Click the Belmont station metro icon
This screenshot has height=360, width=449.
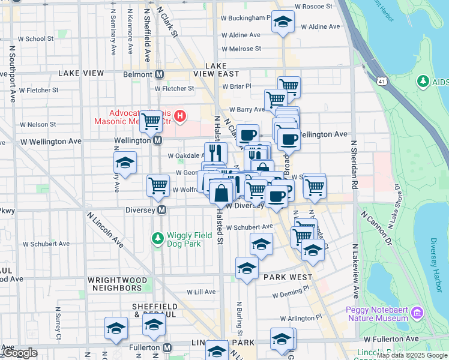coord(160,74)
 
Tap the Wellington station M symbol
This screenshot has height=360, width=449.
coord(157,140)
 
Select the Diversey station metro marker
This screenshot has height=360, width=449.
coord(161,210)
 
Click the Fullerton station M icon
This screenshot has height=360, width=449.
coord(167,347)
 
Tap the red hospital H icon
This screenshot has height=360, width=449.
coord(179,113)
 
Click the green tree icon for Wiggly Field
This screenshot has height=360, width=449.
coord(158,239)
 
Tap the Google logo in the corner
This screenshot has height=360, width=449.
coord(19,353)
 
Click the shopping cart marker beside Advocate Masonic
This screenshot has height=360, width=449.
coord(151,121)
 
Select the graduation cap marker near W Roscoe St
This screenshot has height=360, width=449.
coord(282,23)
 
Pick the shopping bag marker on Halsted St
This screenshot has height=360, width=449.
coord(221,193)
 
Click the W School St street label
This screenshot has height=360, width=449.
coord(35,38)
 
